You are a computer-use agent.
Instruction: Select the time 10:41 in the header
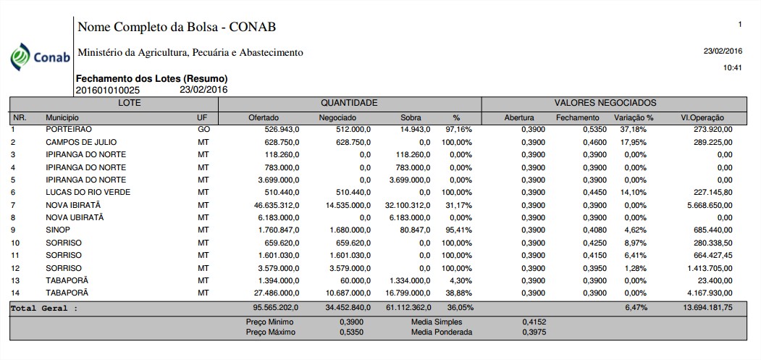[x=733, y=67]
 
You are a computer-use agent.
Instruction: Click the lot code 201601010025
[x=108, y=91]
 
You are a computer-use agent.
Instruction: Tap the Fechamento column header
[x=577, y=117]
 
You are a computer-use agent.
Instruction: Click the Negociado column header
[x=337, y=117]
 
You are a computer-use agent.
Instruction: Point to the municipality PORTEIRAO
[x=68, y=129]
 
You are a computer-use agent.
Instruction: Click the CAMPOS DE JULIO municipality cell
[x=81, y=142]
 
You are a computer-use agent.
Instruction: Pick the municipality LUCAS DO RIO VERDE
[x=88, y=192]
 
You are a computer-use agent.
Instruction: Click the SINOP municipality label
[x=58, y=230]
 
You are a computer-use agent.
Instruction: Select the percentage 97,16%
[x=458, y=129]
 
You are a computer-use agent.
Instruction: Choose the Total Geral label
[x=43, y=308]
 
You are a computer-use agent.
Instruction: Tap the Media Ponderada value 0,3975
[x=534, y=332]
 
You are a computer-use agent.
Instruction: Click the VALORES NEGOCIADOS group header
[x=614, y=104]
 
